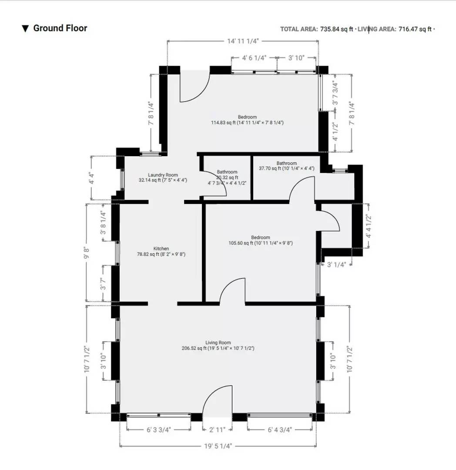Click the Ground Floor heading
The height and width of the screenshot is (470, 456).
tap(60, 28)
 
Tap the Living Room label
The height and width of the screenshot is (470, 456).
tap(218, 342)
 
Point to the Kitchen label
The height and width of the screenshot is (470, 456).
tap(161, 248)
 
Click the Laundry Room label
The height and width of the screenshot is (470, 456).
tap(163, 175)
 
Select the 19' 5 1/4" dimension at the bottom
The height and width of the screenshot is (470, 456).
tap(218, 446)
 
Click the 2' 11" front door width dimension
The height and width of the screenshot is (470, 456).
tap(217, 430)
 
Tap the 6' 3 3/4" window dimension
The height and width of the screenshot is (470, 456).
tap(158, 430)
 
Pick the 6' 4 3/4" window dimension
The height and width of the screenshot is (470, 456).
tap(279, 430)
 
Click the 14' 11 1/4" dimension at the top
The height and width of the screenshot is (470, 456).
tap(243, 41)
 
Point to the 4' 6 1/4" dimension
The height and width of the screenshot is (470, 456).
tap(254, 57)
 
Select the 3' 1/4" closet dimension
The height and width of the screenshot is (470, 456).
tap(336, 263)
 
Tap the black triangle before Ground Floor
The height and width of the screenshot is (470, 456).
tap(25, 29)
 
